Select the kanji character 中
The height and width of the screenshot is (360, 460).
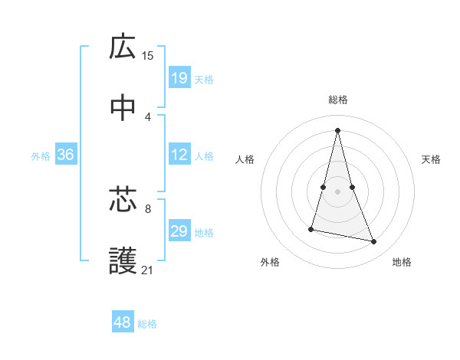[x=123, y=109]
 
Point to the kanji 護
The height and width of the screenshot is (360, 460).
[x=123, y=261]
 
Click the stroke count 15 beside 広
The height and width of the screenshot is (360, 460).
[x=148, y=55]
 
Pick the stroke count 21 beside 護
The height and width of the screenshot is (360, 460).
[x=148, y=270]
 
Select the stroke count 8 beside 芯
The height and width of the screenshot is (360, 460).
[x=148, y=208]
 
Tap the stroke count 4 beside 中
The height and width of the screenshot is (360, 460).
[x=148, y=116]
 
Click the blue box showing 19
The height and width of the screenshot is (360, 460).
[x=179, y=77]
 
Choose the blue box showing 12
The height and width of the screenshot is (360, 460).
[x=179, y=155]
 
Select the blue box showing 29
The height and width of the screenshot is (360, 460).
[x=179, y=231]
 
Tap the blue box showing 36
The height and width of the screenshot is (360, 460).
[x=66, y=155]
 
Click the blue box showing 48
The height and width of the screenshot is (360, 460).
[x=123, y=322]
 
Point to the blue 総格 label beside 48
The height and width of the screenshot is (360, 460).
[x=147, y=324]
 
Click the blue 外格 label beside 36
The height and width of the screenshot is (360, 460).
[x=41, y=156]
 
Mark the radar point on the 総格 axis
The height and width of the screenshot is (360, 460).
[x=337, y=129]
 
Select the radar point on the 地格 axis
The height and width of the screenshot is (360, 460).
[x=374, y=242]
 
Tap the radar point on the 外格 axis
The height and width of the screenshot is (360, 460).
[x=311, y=228]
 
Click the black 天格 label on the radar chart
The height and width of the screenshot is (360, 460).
[x=432, y=159]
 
